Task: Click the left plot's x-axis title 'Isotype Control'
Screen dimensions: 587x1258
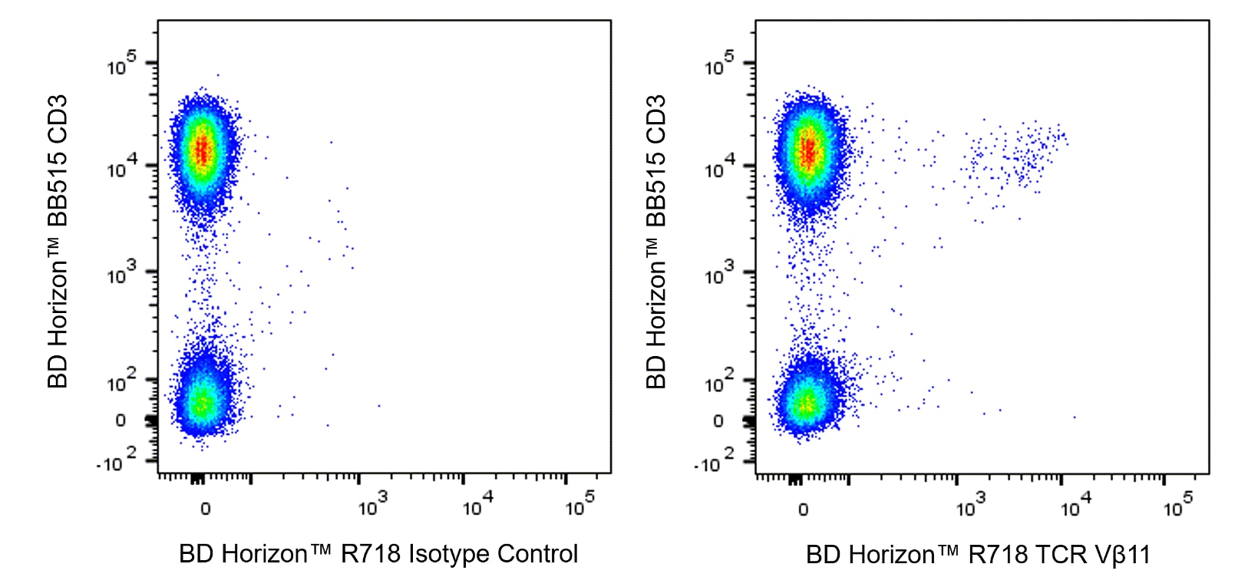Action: [493, 554]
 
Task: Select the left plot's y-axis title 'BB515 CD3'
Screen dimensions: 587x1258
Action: [58, 161]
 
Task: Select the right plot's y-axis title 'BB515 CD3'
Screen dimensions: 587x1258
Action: [656, 161]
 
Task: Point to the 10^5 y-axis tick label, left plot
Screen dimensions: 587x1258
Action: [121, 64]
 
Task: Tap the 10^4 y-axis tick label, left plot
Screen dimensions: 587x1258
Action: [121, 167]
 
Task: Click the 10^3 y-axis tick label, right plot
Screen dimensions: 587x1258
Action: [719, 274]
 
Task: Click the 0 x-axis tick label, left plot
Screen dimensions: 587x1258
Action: [205, 509]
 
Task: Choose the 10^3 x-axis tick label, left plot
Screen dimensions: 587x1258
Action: [373, 506]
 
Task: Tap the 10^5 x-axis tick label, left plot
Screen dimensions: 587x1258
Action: [579, 506]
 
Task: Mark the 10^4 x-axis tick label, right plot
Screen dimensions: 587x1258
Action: [1075, 506]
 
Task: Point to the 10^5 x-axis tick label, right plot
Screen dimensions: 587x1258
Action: [1177, 506]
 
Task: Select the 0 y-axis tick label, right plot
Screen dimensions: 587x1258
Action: [718, 421]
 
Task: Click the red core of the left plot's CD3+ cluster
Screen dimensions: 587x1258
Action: [202, 149]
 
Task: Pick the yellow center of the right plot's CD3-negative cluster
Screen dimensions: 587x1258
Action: [805, 404]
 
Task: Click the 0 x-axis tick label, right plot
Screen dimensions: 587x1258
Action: [803, 509]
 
